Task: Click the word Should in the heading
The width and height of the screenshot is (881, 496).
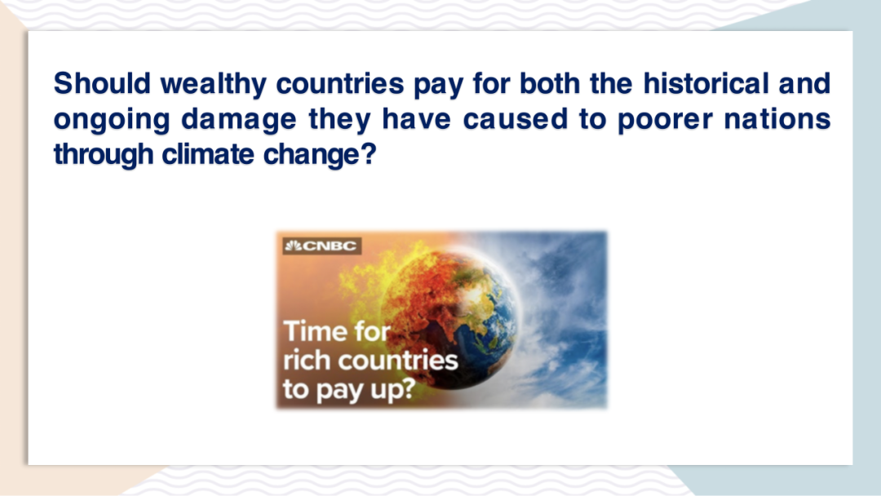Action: tap(102, 83)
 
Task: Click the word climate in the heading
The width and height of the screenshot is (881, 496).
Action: tap(208, 154)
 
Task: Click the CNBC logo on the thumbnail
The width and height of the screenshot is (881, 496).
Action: tap(321, 246)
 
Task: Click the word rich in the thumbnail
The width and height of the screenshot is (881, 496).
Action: tap(306, 360)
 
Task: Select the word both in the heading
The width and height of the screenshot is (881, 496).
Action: tap(549, 83)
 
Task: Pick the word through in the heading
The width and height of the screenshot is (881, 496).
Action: tap(104, 155)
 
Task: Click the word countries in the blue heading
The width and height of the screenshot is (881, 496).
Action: tap(340, 83)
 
